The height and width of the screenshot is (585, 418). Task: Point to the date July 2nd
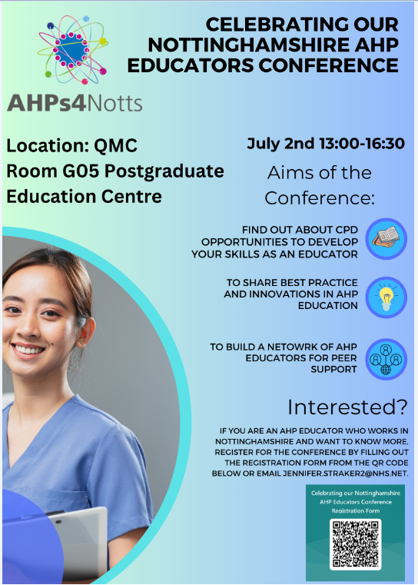(x=277, y=143)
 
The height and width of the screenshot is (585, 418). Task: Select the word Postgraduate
(x=162, y=170)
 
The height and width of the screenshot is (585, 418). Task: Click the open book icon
(x=386, y=238)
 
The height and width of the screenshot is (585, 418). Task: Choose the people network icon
(x=386, y=358)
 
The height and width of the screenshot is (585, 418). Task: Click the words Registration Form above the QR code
(x=354, y=510)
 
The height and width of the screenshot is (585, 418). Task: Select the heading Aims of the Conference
(x=320, y=184)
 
